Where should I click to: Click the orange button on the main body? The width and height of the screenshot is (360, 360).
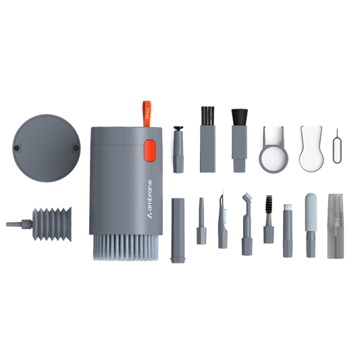tap(150, 151)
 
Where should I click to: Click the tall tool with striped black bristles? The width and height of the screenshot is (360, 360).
tap(207, 135)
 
